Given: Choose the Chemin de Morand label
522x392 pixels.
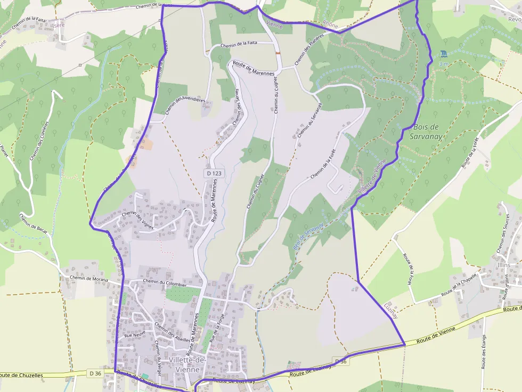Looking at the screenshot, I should click(88, 279).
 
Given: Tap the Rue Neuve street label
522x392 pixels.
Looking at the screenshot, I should click(135, 336).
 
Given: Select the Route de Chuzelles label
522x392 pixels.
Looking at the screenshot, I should click(21, 375).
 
